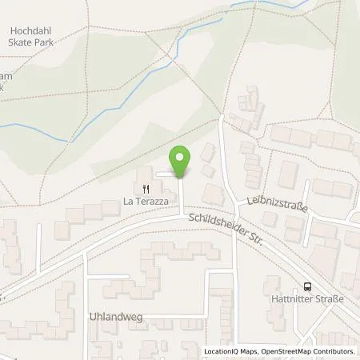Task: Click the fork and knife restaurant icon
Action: pos(146,190)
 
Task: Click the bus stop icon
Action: pos(307,288)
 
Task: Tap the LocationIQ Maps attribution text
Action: pos(228,351)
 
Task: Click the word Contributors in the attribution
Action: pos(335,351)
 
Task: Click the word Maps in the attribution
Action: pos(244,351)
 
